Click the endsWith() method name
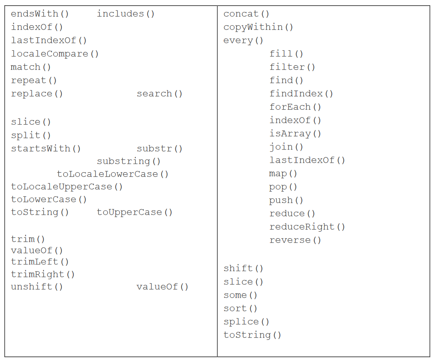click(x=40, y=14)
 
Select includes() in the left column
click(x=126, y=14)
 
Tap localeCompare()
click(x=55, y=54)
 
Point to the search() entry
click(x=160, y=93)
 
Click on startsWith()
click(x=46, y=148)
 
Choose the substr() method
click(x=160, y=148)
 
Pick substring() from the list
click(x=129, y=161)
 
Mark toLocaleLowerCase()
click(x=113, y=174)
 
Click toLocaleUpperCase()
click(x=67, y=186)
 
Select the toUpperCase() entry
click(x=135, y=212)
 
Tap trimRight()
click(x=43, y=274)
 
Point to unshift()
click(x=37, y=287)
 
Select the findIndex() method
click(x=301, y=93)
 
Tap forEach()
click(x=295, y=107)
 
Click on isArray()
click(x=295, y=133)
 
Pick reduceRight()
click(x=307, y=227)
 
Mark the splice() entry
click(x=246, y=321)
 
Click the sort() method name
click(x=241, y=308)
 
